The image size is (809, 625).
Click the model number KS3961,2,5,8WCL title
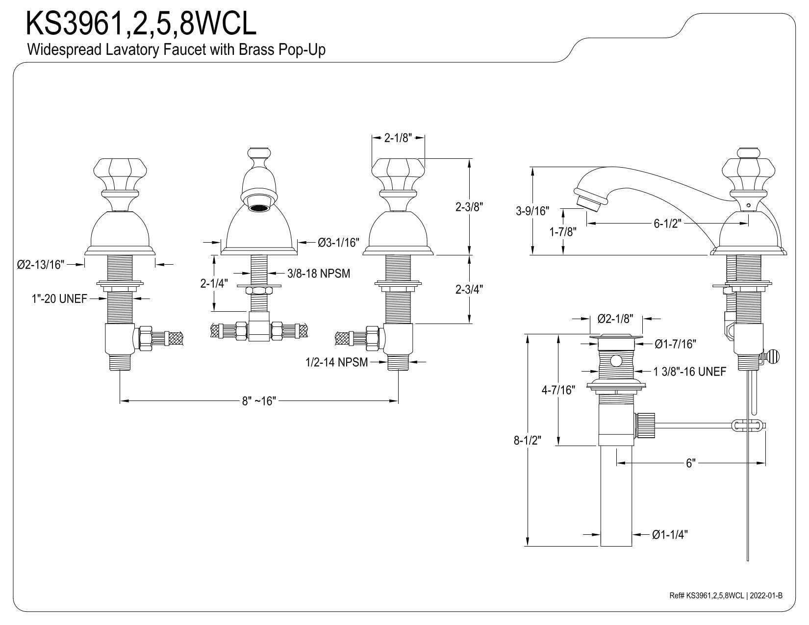141,23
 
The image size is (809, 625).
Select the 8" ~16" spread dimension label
259,401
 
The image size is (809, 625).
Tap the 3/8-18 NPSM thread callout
319,274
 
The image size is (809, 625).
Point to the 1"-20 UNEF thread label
59,299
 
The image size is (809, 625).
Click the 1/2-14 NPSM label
336,362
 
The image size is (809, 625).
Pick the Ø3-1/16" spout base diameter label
338,243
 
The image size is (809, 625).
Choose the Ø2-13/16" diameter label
41,265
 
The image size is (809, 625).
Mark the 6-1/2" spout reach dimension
667,224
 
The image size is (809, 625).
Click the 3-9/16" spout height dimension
532,211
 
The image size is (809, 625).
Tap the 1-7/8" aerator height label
563,232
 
